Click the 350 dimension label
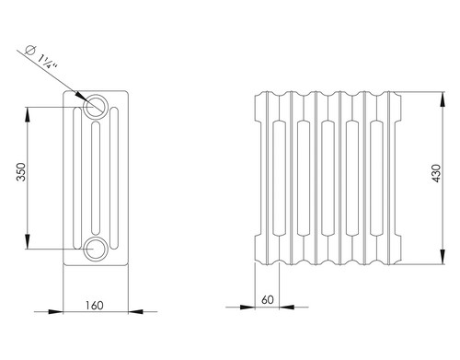pos(21,172)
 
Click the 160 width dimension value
pos(94,306)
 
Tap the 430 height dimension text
pos(436,173)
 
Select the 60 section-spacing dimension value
pos(268,300)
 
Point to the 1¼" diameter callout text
pos(47,62)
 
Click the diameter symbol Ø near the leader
pos(30,50)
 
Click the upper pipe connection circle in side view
pos(96,106)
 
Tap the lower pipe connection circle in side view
pos(96,249)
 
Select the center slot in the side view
pos(96,178)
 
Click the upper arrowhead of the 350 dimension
pos(28,114)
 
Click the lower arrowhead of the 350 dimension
pos(28,241)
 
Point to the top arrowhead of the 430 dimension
pos(443,99)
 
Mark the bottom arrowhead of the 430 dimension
pos(443,257)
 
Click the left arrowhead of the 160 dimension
pos(56,311)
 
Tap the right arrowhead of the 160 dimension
pos(135,311)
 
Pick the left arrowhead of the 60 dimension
pos(247,307)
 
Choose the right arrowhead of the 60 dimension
pos(287,307)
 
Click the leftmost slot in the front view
pos(279,178)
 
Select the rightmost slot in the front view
pos(376,178)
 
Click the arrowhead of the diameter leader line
pos(80,95)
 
